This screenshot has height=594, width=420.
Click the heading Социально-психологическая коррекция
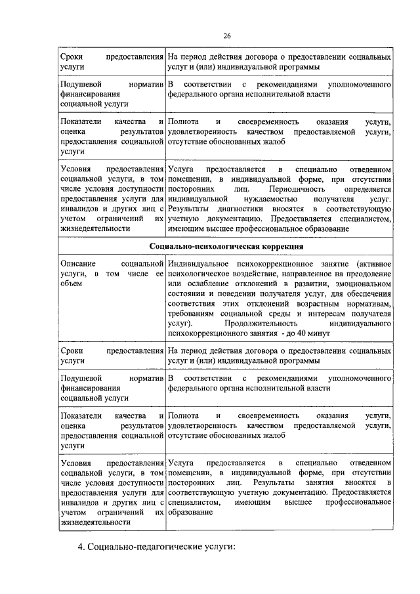[x=226, y=246]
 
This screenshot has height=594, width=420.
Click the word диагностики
[x=235, y=207]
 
